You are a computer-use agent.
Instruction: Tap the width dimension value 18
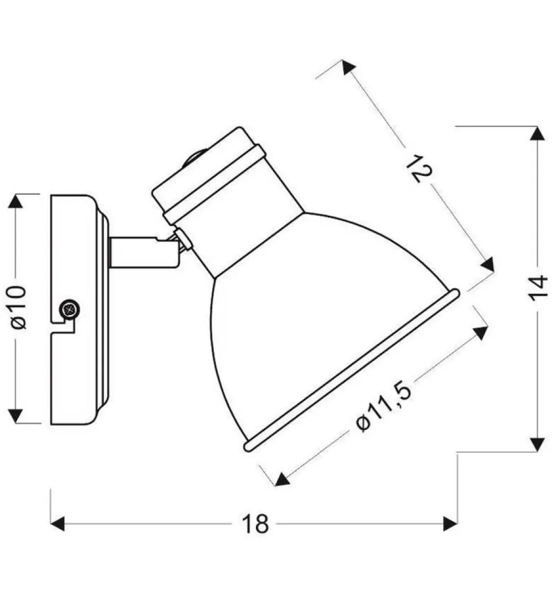coord(255,524)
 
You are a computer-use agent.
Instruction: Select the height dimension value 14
coord(537,289)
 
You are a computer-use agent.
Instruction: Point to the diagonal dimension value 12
coord(418,169)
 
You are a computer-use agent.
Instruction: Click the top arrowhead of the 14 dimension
coord(537,134)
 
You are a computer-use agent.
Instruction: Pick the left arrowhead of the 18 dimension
coord(58,524)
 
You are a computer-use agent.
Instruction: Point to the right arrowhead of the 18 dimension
coord(450,524)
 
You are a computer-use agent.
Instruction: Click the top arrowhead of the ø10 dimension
coord(16,201)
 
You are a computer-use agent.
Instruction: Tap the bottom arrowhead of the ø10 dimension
coord(16,415)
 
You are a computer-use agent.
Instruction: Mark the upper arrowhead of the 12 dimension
coord(348,68)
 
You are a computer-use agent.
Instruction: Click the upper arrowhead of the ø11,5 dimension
coord(480,333)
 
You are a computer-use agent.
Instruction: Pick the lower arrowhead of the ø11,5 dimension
coord(283,479)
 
